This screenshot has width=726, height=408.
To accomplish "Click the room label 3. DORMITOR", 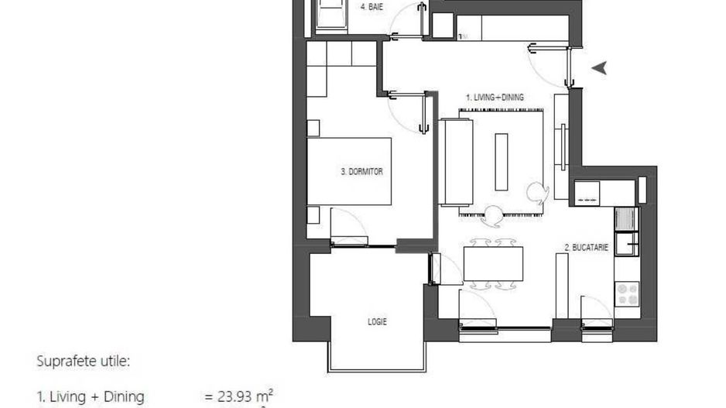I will [361, 172].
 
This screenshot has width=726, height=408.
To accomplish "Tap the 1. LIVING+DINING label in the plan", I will [495, 98].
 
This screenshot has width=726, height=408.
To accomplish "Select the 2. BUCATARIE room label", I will [586, 248].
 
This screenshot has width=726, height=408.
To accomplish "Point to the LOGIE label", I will [377, 321].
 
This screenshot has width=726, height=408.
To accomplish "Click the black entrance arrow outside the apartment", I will [599, 68].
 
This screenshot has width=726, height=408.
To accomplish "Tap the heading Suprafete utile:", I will [84, 361].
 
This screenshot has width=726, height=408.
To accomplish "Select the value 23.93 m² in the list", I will [239, 396].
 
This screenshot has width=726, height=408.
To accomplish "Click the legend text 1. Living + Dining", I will [91, 397].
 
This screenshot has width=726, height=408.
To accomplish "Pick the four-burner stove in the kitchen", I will [627, 293].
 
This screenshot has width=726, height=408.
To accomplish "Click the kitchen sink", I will [625, 222].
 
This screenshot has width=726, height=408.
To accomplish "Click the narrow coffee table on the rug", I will [502, 161].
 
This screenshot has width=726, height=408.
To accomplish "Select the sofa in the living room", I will [456, 162].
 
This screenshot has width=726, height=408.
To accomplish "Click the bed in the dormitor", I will [349, 171].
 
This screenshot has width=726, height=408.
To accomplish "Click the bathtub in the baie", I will [330, 14].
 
